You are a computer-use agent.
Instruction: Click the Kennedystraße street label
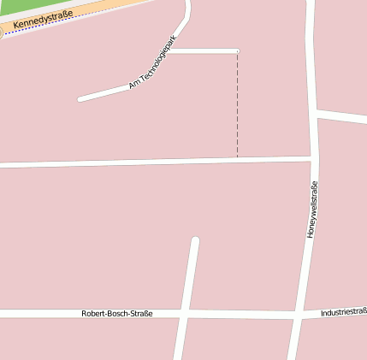click(x=43, y=19)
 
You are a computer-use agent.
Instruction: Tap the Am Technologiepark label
click(x=151, y=62)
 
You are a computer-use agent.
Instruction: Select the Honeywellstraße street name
click(x=312, y=210)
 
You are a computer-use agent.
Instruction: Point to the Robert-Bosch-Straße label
click(x=117, y=314)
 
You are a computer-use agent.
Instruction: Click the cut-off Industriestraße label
click(x=344, y=312)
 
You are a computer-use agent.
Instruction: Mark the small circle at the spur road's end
click(x=237, y=51)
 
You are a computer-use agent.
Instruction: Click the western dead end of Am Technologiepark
click(x=80, y=99)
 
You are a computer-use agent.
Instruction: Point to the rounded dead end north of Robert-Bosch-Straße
click(x=195, y=241)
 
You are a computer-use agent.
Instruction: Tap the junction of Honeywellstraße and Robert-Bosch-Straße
click(x=297, y=315)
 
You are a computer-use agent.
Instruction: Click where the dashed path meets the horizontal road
click(x=237, y=159)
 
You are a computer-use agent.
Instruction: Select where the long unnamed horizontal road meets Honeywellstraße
click(x=313, y=158)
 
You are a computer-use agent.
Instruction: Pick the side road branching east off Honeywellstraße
click(x=342, y=115)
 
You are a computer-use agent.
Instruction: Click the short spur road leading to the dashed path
click(x=205, y=51)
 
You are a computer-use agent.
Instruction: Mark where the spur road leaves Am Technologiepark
click(x=175, y=50)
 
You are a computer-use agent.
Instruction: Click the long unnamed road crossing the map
click(x=128, y=162)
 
